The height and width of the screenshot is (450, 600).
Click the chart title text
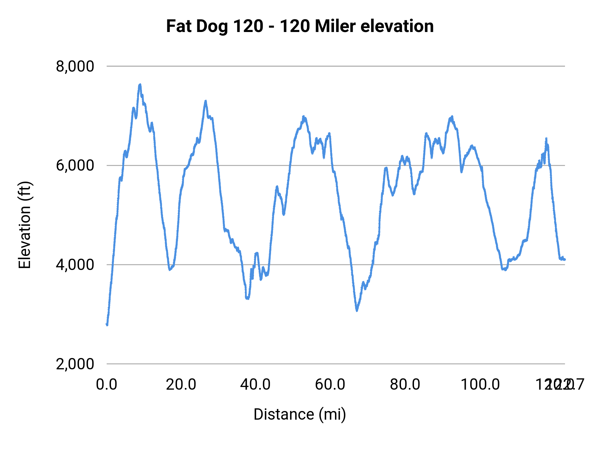tap(300, 26)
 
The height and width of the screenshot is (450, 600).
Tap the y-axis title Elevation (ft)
tap(25, 225)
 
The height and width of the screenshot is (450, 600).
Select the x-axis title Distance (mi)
tap(300, 414)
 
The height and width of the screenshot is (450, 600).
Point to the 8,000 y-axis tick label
tap(75, 66)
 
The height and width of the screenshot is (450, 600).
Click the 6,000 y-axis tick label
tap(75, 165)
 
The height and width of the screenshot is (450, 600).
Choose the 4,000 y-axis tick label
tap(75, 265)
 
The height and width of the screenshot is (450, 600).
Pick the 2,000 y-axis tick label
tap(75, 364)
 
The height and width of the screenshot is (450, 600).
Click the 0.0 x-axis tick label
tap(107, 385)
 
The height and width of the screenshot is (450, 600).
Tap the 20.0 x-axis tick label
tap(181, 385)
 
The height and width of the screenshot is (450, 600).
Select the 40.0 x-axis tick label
tap(256, 385)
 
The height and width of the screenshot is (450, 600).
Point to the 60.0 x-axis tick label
tap(330, 385)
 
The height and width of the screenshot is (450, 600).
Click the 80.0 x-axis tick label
tap(405, 385)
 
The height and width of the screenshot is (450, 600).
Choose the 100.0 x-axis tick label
tap(480, 385)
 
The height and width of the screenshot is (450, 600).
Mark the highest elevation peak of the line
tap(140, 85)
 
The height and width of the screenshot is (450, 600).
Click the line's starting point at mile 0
tap(107, 324)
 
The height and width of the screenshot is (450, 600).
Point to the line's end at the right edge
tap(565, 259)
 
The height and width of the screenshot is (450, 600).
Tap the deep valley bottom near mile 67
tap(357, 310)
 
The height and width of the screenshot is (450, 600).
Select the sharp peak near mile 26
tap(206, 101)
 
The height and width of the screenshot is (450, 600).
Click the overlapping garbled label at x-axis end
tap(560, 385)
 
